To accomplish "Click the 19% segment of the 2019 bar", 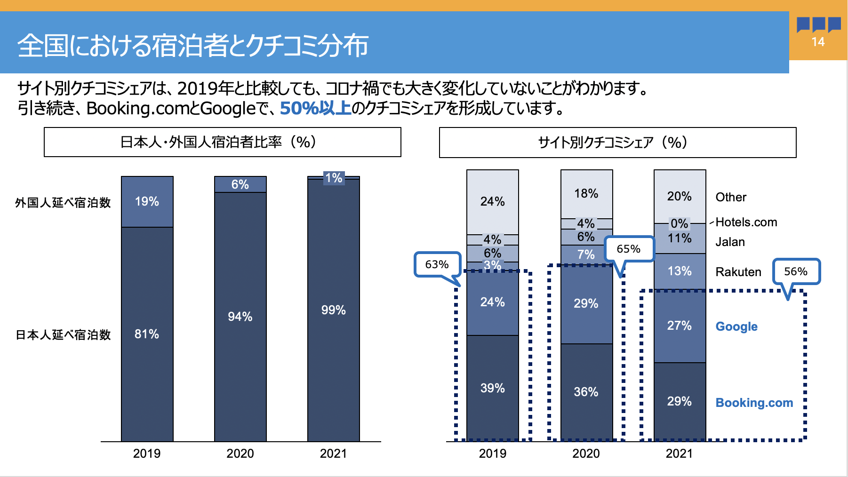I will point(147,202).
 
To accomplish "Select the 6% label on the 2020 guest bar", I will point(240,184).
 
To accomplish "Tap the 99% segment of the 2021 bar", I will point(333,310).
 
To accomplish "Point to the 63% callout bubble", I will point(437,264).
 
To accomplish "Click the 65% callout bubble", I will point(629,249).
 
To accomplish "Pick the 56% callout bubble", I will point(796,271).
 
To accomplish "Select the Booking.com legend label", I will point(754,403).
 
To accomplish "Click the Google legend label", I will point(736,326).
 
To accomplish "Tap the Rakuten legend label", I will point(738,272).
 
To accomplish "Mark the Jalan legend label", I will point(730,242).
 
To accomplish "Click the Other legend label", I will point(731,197).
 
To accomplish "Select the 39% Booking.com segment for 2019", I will point(492,388).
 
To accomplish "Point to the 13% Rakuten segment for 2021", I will point(680,271).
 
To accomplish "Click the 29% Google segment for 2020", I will point(586,304).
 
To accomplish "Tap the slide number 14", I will point(818,42).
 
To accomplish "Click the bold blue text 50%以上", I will point(316,108).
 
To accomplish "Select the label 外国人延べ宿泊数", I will point(63,203).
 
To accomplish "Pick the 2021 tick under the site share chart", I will point(679,453).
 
